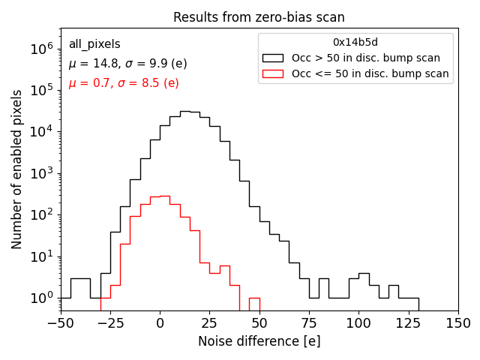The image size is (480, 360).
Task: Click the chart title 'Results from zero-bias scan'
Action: [x=259, y=17]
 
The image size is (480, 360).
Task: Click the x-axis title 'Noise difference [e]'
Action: [x=259, y=341]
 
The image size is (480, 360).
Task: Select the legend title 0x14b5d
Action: [x=355, y=42]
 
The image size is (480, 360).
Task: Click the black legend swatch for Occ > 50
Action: [x=274, y=58]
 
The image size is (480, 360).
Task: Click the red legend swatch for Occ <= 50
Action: [x=274, y=73]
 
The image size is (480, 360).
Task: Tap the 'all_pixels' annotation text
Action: [x=94, y=44]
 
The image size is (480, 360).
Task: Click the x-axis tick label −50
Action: [x=60, y=323]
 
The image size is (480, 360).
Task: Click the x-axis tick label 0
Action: [x=160, y=323]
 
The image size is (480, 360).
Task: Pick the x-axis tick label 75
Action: [x=309, y=323]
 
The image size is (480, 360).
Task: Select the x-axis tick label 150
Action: [x=458, y=323]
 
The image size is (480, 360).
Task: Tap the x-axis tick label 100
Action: [x=358, y=323]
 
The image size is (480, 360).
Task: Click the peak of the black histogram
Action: [x=184, y=112]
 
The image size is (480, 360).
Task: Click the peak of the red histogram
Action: [x=165, y=196]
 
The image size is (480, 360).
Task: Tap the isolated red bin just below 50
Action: [x=254, y=298]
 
